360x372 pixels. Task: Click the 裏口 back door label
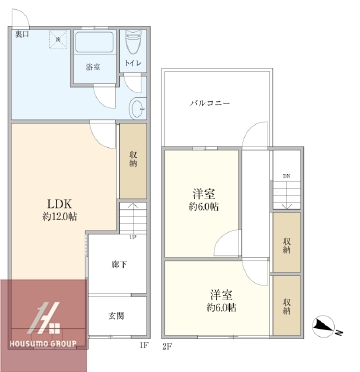[x=21, y=34]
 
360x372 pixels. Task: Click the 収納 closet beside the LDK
[x=132, y=160]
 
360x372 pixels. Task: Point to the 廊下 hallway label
[x=117, y=265]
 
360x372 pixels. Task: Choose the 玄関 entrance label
[x=117, y=316]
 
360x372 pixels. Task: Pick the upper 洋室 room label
[x=204, y=193]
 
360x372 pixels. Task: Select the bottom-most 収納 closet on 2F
[x=286, y=307]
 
